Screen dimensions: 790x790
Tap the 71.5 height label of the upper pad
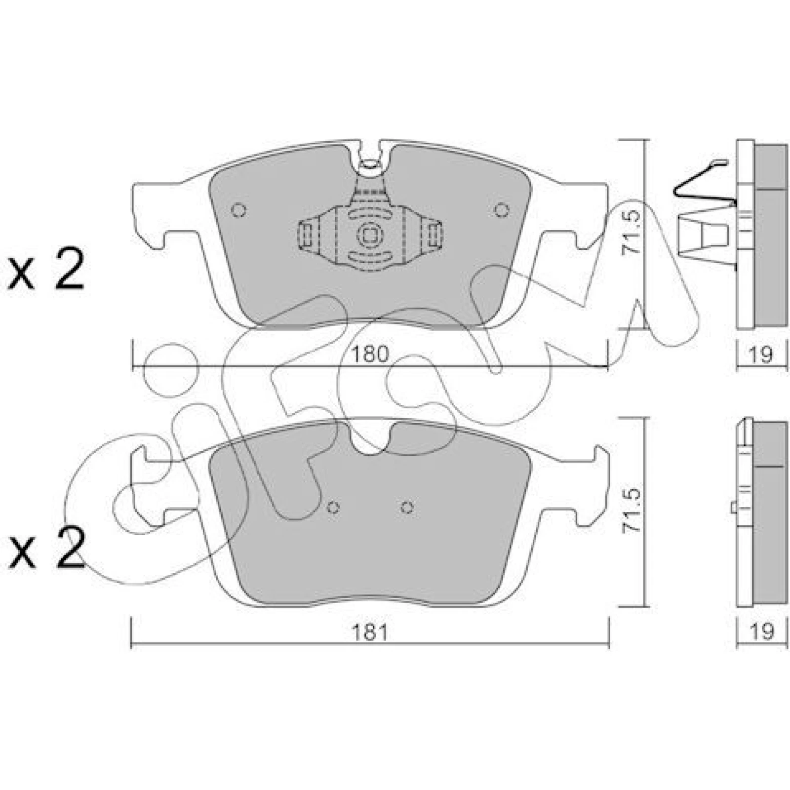click(x=632, y=233)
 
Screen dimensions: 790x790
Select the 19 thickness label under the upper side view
click(x=761, y=354)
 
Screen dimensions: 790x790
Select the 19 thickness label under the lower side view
click(x=761, y=631)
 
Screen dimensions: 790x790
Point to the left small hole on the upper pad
click(x=238, y=210)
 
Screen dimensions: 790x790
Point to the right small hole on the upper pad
click(x=501, y=210)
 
